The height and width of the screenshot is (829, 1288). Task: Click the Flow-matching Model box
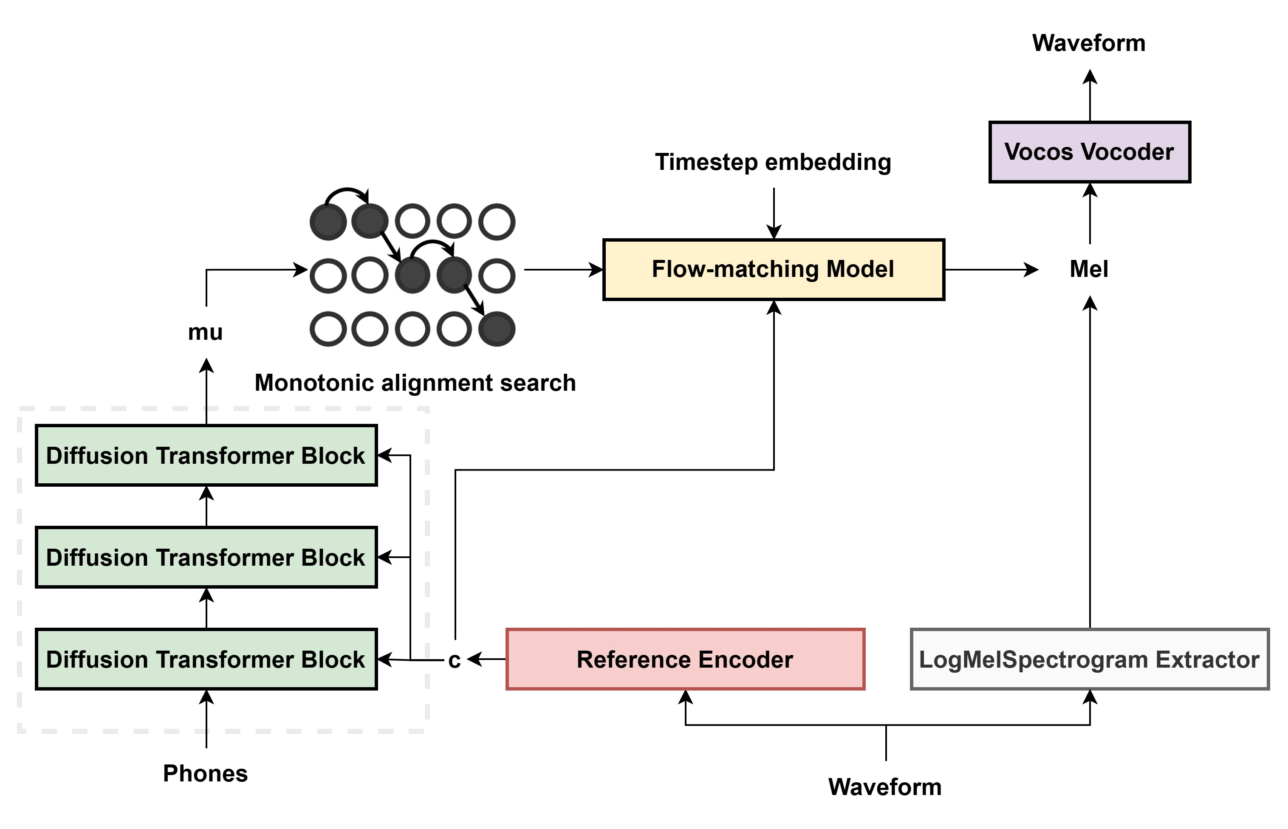[x=773, y=269]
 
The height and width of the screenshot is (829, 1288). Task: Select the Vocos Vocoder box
[x=1089, y=152]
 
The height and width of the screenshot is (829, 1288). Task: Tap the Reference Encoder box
[x=685, y=659]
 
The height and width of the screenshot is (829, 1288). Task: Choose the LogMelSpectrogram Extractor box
[x=1089, y=659]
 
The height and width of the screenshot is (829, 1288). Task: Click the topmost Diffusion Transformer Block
[x=206, y=455]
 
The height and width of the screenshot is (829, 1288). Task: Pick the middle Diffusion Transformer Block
[x=206, y=557]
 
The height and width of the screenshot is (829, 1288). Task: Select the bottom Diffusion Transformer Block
[x=206, y=659]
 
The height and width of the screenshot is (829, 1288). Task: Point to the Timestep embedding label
[x=773, y=162]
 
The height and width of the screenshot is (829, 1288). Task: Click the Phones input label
[x=205, y=773]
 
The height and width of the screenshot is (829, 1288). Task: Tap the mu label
[x=205, y=332]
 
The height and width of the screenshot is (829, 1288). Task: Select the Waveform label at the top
[x=1089, y=43]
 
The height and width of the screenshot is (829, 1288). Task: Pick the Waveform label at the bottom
[x=885, y=787]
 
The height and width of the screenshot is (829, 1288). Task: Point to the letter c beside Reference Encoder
[x=455, y=660]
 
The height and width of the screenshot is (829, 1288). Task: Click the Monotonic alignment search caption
[x=415, y=383]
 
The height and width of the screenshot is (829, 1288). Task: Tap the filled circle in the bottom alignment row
[x=497, y=329]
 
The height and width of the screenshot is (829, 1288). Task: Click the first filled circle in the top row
[x=328, y=222]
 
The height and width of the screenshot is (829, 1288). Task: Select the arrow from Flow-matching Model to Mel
[x=991, y=269]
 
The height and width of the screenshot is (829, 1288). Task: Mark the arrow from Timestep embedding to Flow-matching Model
[x=774, y=213]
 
